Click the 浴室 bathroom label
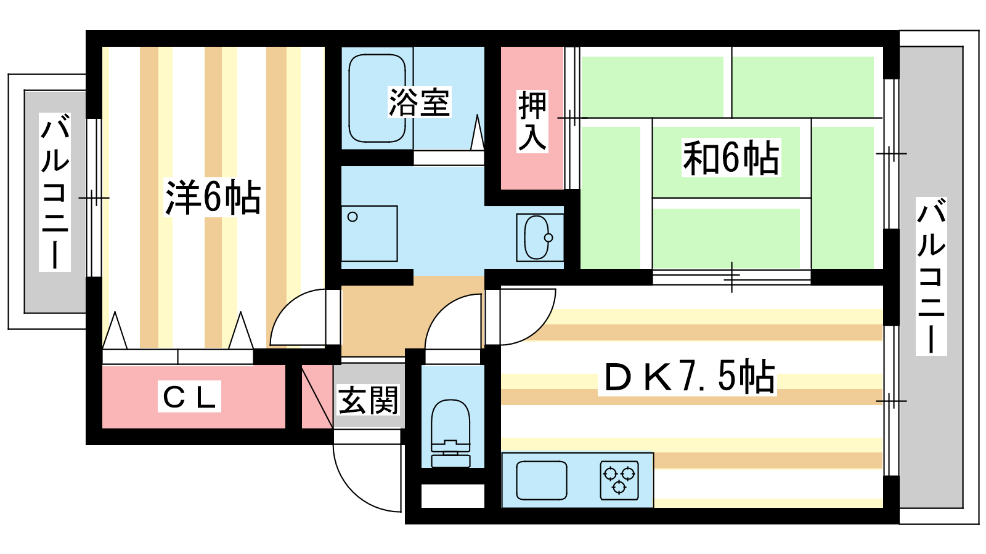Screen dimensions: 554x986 419,103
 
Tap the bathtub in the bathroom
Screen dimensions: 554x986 377,98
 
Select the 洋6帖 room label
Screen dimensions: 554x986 213,198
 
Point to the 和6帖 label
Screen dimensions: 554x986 731,158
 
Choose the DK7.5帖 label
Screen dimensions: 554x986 688,377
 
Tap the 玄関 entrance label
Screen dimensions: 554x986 369,400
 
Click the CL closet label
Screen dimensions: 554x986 189,397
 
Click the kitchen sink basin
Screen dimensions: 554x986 541,480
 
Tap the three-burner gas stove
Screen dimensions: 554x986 619,480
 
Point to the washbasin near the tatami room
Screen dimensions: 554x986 538,238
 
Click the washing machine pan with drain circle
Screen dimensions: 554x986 369,233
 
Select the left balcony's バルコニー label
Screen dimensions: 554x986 55,191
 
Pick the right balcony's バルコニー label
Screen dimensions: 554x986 931,276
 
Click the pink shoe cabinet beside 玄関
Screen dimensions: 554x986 316,397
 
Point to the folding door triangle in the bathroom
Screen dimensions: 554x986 477,132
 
